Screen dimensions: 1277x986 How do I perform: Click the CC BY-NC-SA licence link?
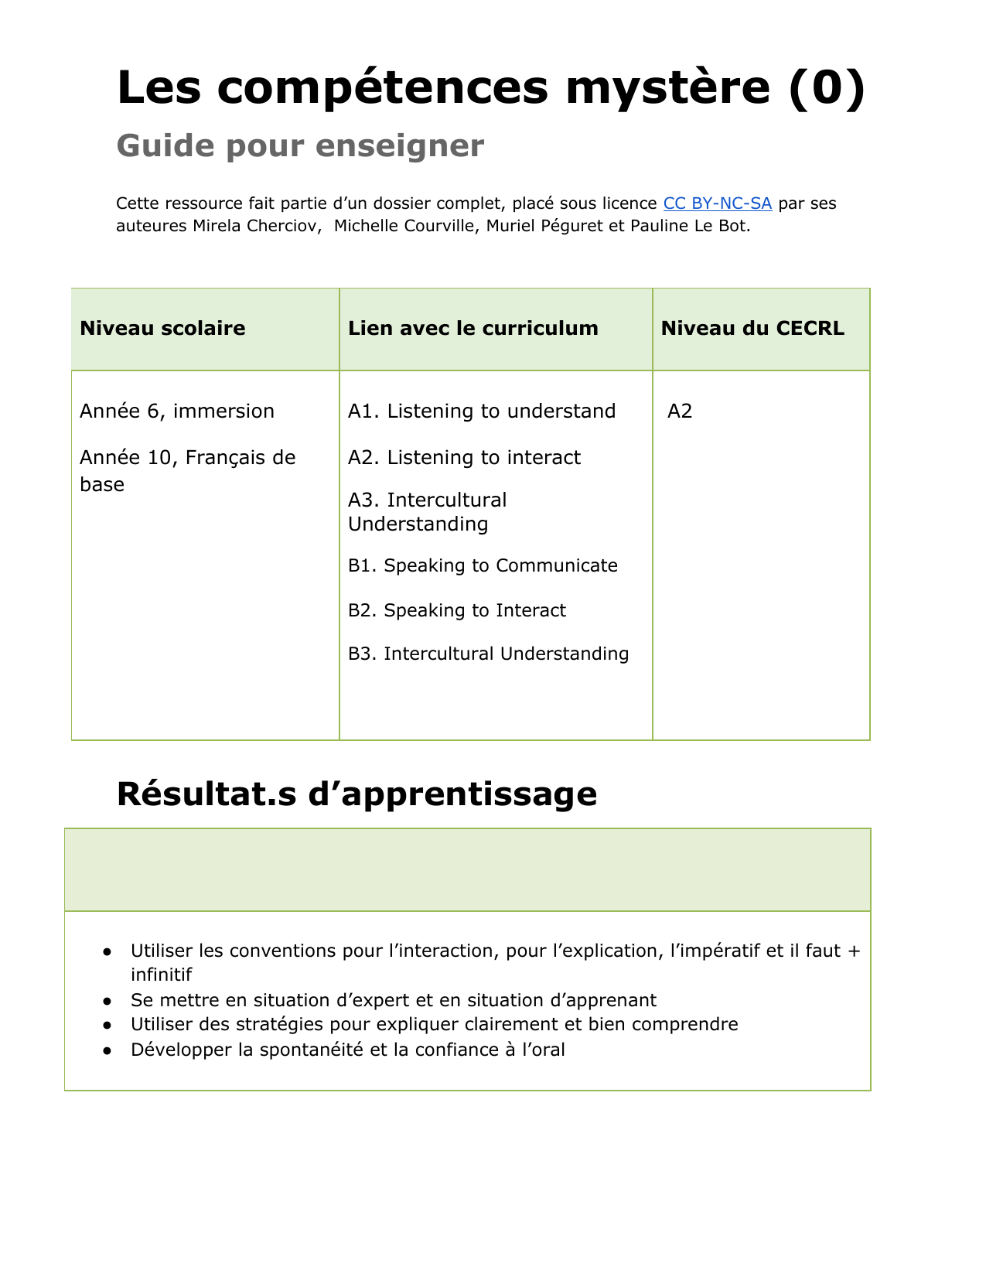717,203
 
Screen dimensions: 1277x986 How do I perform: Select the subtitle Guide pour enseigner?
300,145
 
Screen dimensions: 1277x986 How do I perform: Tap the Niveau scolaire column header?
162,328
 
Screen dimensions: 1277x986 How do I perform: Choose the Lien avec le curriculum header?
473,328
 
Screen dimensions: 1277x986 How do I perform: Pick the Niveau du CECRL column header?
752,328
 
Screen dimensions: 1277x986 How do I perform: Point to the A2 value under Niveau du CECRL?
680,411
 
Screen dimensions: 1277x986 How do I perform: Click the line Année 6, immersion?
177,411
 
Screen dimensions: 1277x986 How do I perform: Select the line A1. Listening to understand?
482,411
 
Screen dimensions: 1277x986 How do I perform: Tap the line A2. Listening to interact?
464,457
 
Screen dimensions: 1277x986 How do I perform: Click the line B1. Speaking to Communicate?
483,565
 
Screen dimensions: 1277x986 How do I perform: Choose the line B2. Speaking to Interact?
457,610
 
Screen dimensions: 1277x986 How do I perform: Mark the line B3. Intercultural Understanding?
488,654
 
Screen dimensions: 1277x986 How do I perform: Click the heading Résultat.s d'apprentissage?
357,794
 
